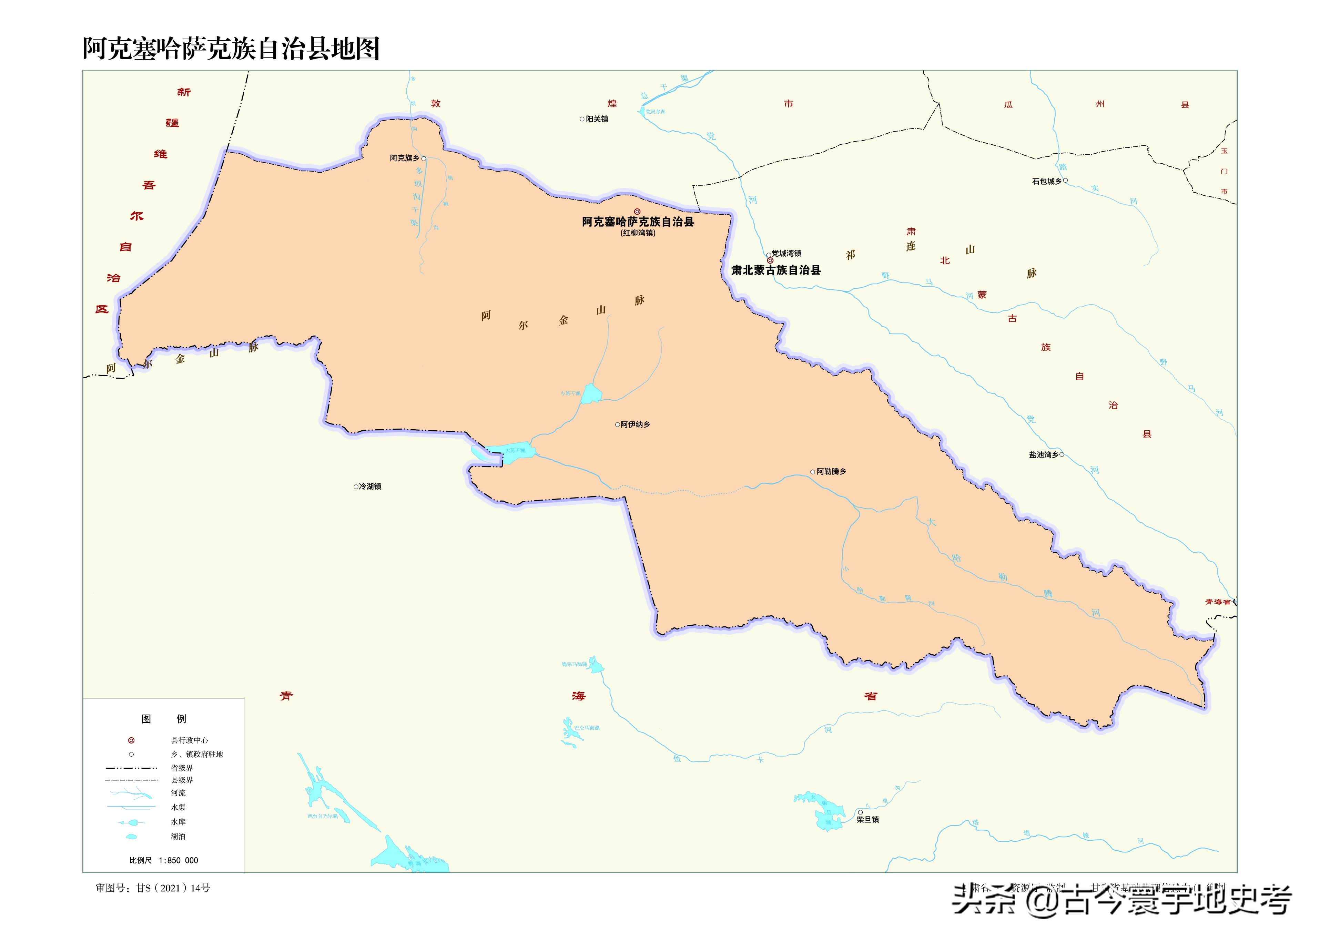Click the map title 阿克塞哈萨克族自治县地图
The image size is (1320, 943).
coord(231,49)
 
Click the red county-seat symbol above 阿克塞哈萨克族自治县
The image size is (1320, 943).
coord(637,212)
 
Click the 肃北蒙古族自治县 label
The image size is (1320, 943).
coord(776,270)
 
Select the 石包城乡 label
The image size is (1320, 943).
coord(1046,181)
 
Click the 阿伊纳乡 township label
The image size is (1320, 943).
coord(635,424)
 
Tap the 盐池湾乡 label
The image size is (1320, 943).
coord(1044,455)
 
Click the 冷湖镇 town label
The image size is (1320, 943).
coord(370,486)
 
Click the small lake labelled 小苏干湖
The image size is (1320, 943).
coord(591,394)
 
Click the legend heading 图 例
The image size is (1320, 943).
coord(164,719)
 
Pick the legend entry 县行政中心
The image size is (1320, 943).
coord(189,740)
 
